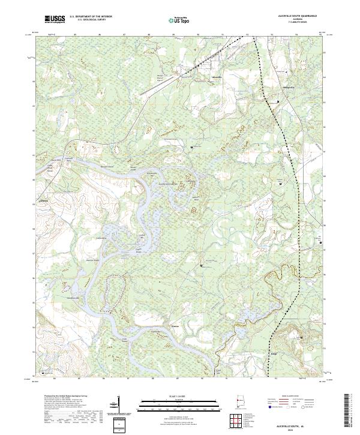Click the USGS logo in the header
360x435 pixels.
click(x=55, y=19)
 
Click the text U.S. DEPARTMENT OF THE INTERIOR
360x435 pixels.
click(x=91, y=17)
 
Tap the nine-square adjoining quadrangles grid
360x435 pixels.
click(x=237, y=421)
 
